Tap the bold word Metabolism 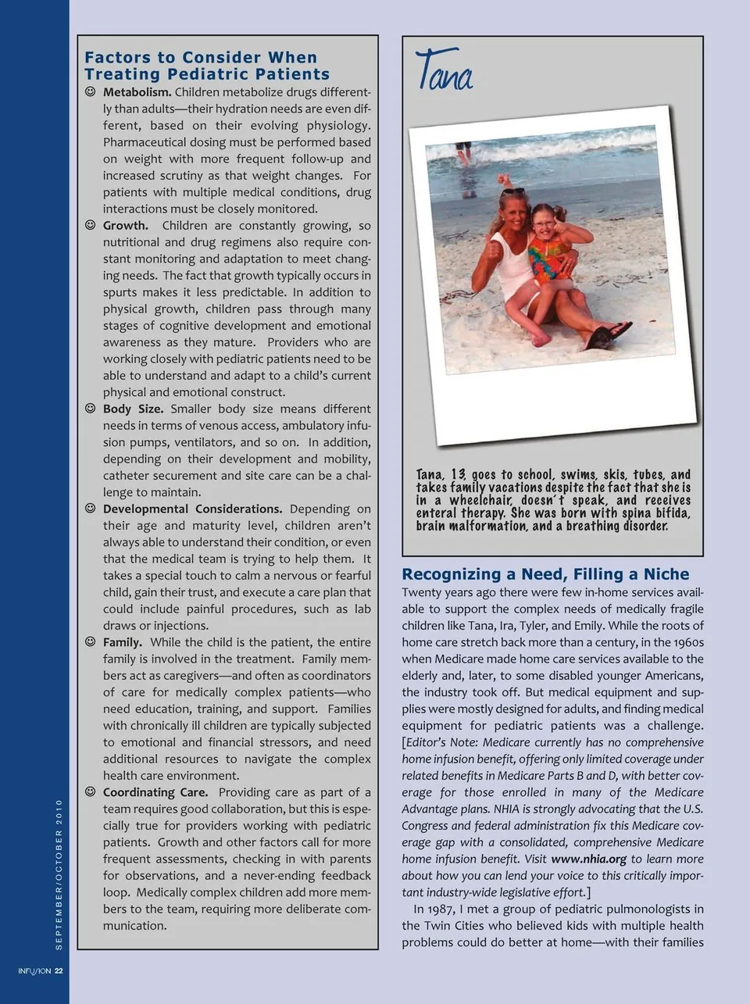[137, 92]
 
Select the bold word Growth [125, 226]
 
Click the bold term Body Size [133, 409]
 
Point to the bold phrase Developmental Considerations [192, 509]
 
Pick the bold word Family [122, 642]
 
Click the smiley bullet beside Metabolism [91, 92]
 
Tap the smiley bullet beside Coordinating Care [91, 792]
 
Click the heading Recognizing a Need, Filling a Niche [545, 574]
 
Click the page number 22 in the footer [59, 971]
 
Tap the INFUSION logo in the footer [34, 971]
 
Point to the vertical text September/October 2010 [59, 874]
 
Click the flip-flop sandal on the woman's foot [606, 334]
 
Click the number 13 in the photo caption [458, 475]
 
